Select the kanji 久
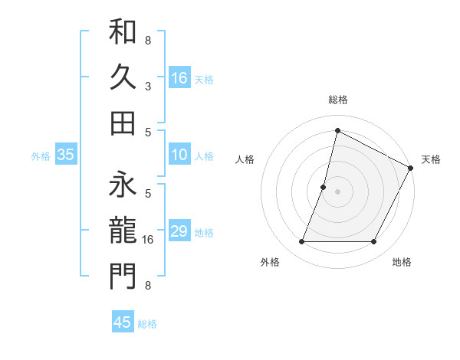pyautogui.click(x=122, y=77)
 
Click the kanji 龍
pyautogui.click(x=122, y=229)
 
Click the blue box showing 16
pyautogui.click(x=179, y=77)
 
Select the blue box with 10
pyautogui.click(x=179, y=155)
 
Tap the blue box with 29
pyautogui.click(x=179, y=231)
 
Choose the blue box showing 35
pyautogui.click(x=66, y=155)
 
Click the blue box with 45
pyautogui.click(x=123, y=322)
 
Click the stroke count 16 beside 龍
pyautogui.click(x=148, y=239)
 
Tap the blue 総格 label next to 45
pyautogui.click(x=147, y=324)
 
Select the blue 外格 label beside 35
pyautogui.click(x=40, y=156)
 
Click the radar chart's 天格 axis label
pyautogui.click(x=431, y=159)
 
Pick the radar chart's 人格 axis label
pyautogui.click(x=245, y=159)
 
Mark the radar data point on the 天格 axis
pyautogui.click(x=410, y=168)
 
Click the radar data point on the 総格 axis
pyautogui.click(x=337, y=130)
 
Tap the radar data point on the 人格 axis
pyautogui.click(x=324, y=186)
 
